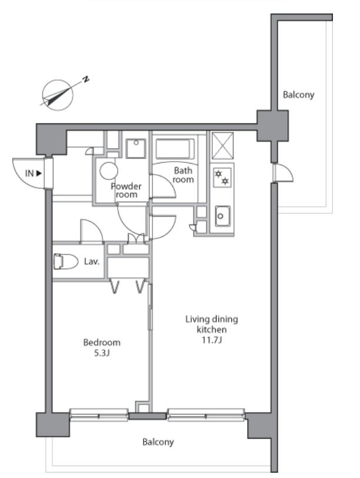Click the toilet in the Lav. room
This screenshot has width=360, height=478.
pyautogui.click(x=66, y=261)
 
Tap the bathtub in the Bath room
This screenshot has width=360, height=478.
pyautogui.click(x=175, y=149)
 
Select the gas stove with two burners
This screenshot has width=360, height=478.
pyautogui.click(x=222, y=177)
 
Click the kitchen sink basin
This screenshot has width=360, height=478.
pyautogui.click(x=222, y=216)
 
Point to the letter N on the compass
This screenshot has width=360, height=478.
pyautogui.click(x=86, y=79)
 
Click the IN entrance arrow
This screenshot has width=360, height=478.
pyautogui.click(x=39, y=173)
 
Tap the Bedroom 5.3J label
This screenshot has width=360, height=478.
pyautogui.click(x=102, y=347)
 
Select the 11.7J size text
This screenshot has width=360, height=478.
pyautogui.click(x=212, y=340)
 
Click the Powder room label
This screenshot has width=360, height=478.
pyautogui.click(x=126, y=190)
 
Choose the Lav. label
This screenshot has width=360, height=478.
pyautogui.click(x=92, y=262)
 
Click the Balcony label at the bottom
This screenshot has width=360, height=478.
pyautogui.click(x=158, y=442)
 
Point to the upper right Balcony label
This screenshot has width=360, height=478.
pyautogui.click(x=298, y=95)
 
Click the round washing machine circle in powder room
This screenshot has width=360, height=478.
pyautogui.click(x=109, y=171)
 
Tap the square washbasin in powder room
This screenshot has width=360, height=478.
pyautogui.click(x=136, y=149)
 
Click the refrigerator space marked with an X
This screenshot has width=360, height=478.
pyautogui.click(x=223, y=145)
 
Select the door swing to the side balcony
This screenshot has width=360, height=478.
pyautogui.click(x=284, y=173)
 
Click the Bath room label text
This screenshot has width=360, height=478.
pyautogui.click(x=183, y=175)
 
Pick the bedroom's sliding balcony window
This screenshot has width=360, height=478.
pyautogui.click(x=99, y=415)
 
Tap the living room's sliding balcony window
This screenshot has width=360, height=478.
pyautogui.click(x=206, y=415)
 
